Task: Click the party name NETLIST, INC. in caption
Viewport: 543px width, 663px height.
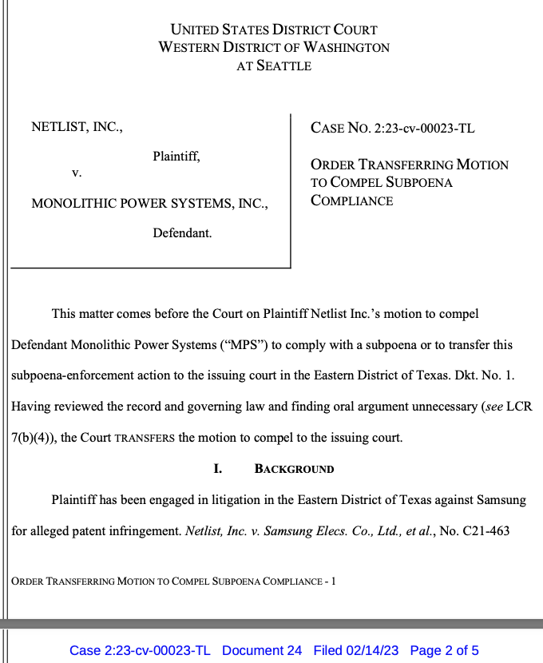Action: click(x=77, y=127)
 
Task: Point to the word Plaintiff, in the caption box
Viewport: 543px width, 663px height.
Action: click(x=176, y=157)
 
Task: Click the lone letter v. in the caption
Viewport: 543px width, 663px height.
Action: click(x=77, y=172)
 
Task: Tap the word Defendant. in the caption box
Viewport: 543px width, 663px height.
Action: click(x=182, y=233)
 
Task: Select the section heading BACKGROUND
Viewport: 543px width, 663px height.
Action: click(x=294, y=469)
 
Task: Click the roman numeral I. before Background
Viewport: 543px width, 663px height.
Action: click(x=218, y=469)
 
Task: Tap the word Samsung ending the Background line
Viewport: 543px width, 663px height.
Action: click(x=501, y=500)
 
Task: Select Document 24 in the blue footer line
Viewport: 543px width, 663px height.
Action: click(x=262, y=650)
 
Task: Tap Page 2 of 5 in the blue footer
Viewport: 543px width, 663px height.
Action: click(x=444, y=650)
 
